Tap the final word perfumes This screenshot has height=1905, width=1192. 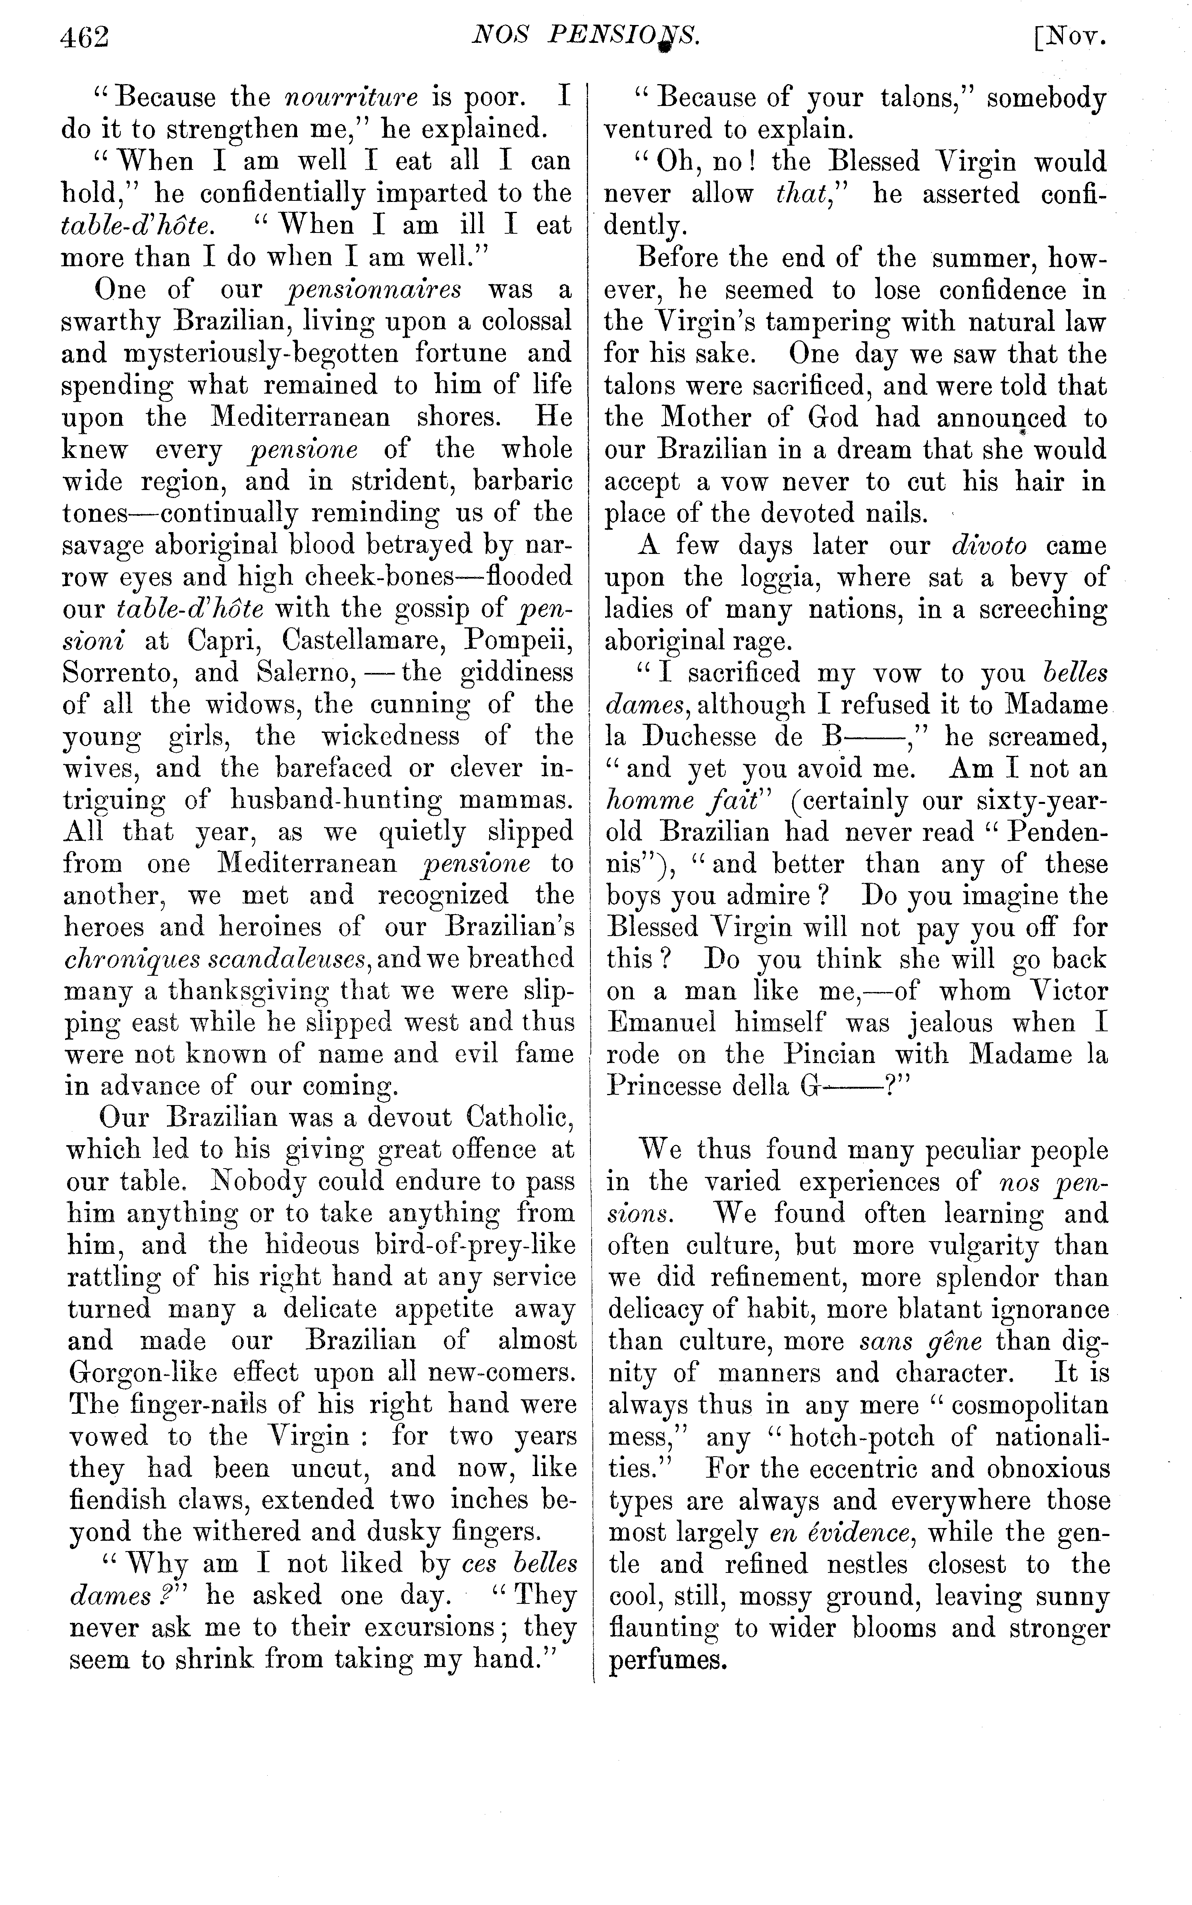666,1661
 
